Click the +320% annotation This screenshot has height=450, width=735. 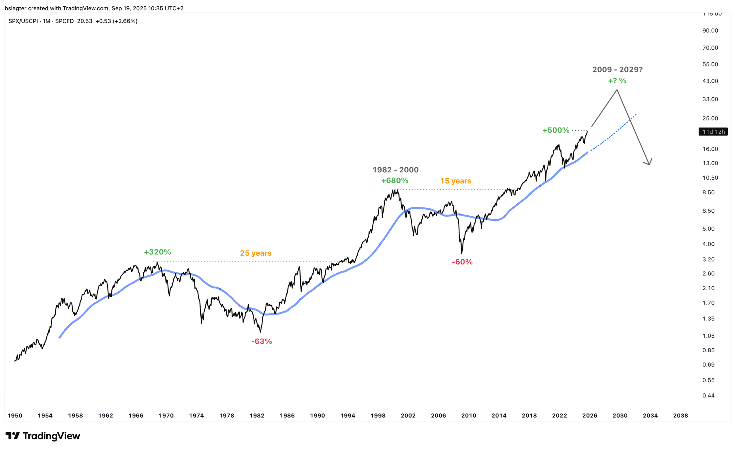point(157,252)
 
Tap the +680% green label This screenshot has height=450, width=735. point(394,180)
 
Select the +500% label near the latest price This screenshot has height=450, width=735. point(556,130)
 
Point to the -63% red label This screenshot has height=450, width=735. point(262,341)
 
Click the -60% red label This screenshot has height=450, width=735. point(462,262)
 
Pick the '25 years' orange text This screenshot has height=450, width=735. point(256,253)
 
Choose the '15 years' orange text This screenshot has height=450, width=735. point(456,181)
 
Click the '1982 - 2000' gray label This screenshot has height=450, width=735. point(395,170)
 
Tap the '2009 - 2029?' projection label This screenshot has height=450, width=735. point(617,69)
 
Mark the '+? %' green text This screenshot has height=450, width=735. point(617,81)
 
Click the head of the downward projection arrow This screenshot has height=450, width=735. point(649,164)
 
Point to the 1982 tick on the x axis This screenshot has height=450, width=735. point(257,416)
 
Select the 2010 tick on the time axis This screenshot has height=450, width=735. point(469,416)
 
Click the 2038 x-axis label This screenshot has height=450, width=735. point(680,416)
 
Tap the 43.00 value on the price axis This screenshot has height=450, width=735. point(710,81)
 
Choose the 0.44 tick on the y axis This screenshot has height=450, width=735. point(709,396)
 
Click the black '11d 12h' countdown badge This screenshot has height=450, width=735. point(713,132)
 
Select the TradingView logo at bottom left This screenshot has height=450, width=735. point(43,436)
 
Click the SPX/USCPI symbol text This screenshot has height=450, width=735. point(24,21)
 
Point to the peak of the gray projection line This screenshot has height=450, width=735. point(617,90)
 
